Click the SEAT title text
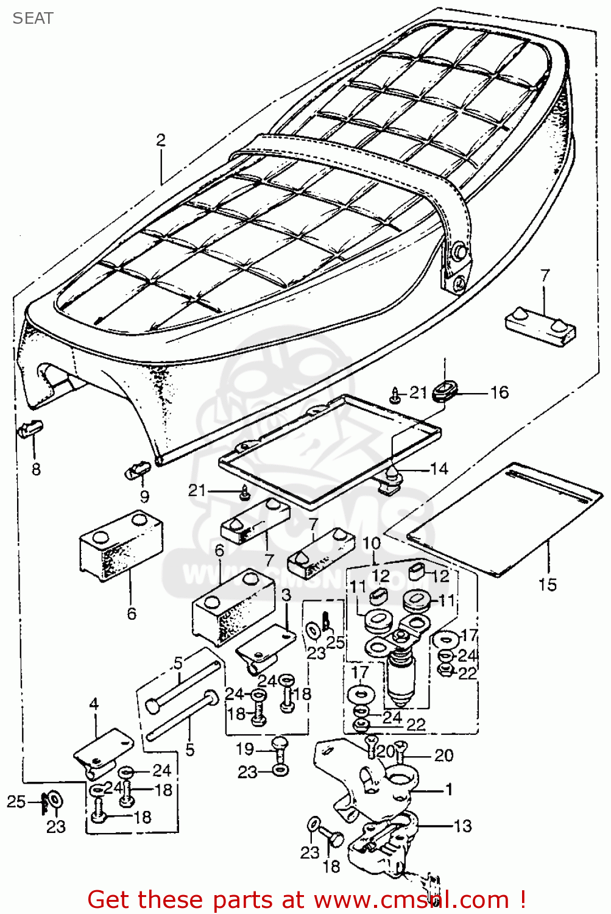click(x=33, y=18)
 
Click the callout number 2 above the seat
click(x=161, y=140)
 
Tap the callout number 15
click(x=547, y=585)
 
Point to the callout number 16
click(x=500, y=392)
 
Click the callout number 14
click(x=439, y=469)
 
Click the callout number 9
click(x=144, y=497)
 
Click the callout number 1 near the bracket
click(x=449, y=790)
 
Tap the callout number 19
click(x=245, y=749)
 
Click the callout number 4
click(x=94, y=704)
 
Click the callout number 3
click(x=286, y=595)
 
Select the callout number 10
click(x=371, y=543)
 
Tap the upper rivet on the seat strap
click(x=460, y=251)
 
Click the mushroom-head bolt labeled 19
click(x=279, y=748)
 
